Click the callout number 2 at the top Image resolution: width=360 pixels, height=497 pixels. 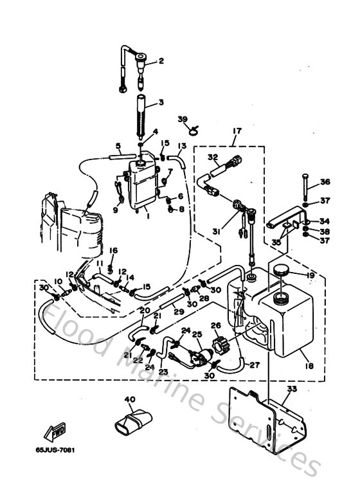tap(161, 61)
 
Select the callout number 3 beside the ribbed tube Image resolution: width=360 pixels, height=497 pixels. tap(161, 103)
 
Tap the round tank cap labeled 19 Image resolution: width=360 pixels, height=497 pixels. tap(280, 269)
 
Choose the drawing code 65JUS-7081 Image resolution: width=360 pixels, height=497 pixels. tap(56, 449)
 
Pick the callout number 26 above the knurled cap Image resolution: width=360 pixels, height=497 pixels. tap(216, 325)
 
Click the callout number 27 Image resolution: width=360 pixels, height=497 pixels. tap(255, 365)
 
